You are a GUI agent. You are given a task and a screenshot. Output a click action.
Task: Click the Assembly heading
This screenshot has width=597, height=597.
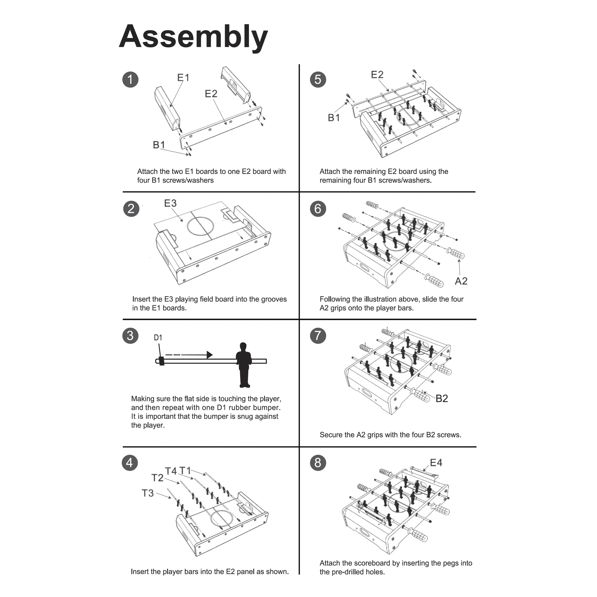point(193,37)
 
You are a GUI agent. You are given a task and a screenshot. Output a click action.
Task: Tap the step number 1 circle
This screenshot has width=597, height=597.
point(130,79)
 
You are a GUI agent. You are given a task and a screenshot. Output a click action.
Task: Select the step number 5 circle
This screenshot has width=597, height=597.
point(318,79)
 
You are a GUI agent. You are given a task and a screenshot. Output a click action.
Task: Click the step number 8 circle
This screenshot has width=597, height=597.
point(318,463)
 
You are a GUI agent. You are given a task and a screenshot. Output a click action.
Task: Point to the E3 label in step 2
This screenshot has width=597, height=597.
point(170,203)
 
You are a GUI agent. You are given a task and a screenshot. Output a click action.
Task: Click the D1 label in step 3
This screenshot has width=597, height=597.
point(158,337)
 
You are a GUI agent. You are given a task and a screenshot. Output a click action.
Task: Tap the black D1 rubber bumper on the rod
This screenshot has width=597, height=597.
point(161,361)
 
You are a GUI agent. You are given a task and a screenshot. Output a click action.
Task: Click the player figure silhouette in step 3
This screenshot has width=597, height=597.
point(244,365)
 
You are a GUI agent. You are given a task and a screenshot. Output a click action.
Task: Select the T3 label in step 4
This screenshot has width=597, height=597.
point(148,493)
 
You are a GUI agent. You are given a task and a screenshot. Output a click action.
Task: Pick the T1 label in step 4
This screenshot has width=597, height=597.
point(185,471)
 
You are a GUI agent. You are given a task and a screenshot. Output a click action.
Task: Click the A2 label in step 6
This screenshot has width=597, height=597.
point(461,281)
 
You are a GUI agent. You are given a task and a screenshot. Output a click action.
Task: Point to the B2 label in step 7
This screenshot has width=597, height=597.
point(441,398)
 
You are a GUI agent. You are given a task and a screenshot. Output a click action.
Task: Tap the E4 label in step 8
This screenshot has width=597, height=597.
point(436,463)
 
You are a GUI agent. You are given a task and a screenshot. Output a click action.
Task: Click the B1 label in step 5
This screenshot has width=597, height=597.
point(334,118)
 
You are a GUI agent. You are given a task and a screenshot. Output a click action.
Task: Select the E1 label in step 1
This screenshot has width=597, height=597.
point(183,78)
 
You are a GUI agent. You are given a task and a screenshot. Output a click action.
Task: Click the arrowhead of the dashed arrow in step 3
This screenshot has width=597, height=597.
point(210,354)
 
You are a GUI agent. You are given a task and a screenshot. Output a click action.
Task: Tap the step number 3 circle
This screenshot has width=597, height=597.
point(130,336)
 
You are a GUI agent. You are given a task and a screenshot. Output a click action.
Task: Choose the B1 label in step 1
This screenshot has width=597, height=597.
point(159,144)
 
